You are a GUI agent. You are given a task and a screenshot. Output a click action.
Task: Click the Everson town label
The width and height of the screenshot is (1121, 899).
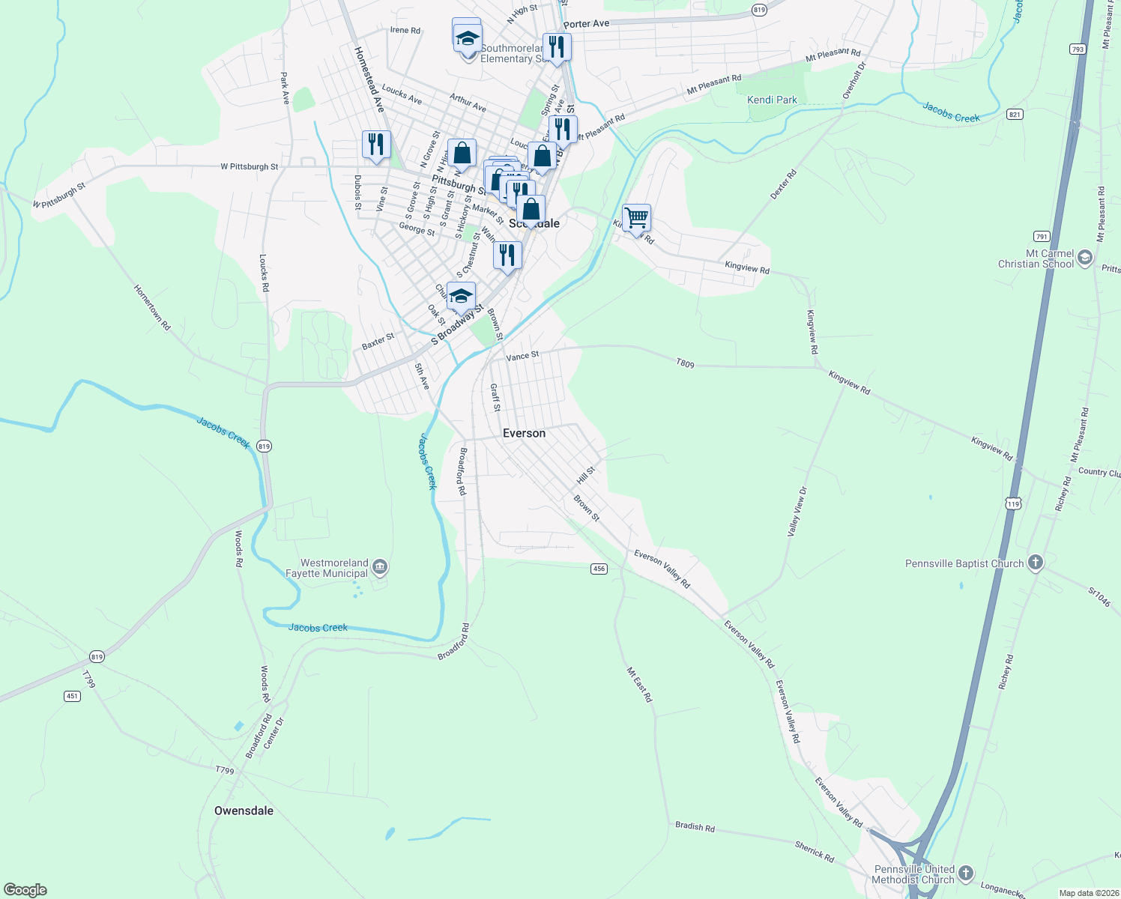[524, 433]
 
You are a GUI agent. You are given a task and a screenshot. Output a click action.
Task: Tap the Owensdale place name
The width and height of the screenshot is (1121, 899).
[244, 811]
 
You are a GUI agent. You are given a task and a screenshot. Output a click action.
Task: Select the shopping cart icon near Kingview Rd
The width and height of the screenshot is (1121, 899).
[636, 218]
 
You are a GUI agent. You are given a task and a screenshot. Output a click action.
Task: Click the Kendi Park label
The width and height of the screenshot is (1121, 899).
[772, 100]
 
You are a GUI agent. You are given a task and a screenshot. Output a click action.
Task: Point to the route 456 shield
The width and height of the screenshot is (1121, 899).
[598, 569]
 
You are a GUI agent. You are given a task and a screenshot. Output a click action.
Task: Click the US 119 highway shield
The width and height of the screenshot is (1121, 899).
[1013, 503]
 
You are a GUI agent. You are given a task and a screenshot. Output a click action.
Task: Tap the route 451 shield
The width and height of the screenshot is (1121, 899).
[72, 696]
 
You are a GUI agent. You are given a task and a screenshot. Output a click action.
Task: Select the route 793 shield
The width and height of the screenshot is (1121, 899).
[1078, 49]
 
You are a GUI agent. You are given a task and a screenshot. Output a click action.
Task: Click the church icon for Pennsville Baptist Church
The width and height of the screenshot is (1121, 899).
[1035, 563]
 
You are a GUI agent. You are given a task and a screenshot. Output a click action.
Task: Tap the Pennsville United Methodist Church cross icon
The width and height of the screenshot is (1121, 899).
[966, 873]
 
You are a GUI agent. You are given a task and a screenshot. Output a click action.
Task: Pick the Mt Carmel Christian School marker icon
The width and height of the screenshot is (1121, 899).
[1084, 258]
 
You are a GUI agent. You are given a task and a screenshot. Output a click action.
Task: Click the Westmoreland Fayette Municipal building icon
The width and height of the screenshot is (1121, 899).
[380, 567]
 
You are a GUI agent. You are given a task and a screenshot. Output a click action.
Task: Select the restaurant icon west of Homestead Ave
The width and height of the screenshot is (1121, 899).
[376, 144]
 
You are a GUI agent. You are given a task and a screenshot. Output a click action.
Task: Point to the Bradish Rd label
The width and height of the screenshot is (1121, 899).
[695, 827]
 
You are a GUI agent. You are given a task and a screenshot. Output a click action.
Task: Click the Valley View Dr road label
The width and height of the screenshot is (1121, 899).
[797, 512]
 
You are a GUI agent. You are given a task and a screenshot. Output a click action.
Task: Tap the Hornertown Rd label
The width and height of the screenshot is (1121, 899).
[152, 307]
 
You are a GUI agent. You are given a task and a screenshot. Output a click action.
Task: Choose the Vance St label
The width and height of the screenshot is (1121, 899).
[522, 356]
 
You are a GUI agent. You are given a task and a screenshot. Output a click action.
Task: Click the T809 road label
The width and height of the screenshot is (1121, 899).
[685, 363]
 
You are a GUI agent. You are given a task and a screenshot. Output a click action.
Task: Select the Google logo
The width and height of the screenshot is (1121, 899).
[25, 890]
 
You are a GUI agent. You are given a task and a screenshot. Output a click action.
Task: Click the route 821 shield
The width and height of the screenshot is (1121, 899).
[1015, 114]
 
